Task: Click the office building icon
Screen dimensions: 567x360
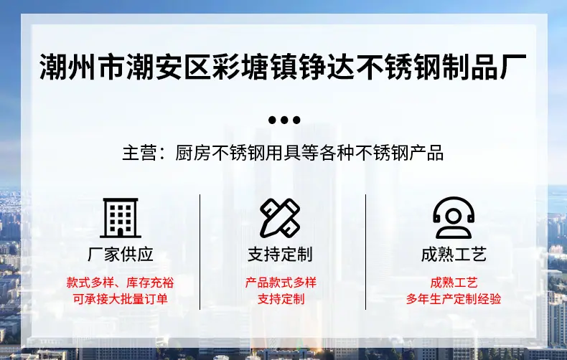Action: pyautogui.click(x=121, y=218)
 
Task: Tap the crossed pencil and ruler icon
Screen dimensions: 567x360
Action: pyautogui.click(x=280, y=218)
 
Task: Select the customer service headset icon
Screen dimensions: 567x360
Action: pyautogui.click(x=454, y=218)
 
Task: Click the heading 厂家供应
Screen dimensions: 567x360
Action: pyautogui.click(x=121, y=255)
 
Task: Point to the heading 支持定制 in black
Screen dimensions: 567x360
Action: pyautogui.click(x=280, y=255)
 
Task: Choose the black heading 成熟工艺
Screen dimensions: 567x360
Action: pyautogui.click(x=454, y=255)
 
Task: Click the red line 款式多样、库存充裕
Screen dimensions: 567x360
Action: pyautogui.click(x=120, y=283)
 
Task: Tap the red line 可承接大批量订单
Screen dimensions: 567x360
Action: pyautogui.click(x=121, y=299)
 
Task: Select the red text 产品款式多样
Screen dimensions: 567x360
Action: pyautogui.click(x=281, y=283)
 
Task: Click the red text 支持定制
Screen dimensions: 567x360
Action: pyautogui.click(x=281, y=299)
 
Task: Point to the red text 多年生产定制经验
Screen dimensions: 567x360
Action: pyautogui.click(x=454, y=299)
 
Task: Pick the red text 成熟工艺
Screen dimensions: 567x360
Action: pyautogui.click(x=454, y=283)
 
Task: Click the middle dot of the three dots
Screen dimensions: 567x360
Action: pyautogui.click(x=284, y=120)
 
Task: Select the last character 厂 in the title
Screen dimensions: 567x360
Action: pyautogui.click(x=513, y=67)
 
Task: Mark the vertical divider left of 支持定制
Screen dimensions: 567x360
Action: pyautogui.click(x=200, y=252)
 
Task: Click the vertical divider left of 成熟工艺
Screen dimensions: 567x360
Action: pyautogui.click(x=365, y=252)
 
